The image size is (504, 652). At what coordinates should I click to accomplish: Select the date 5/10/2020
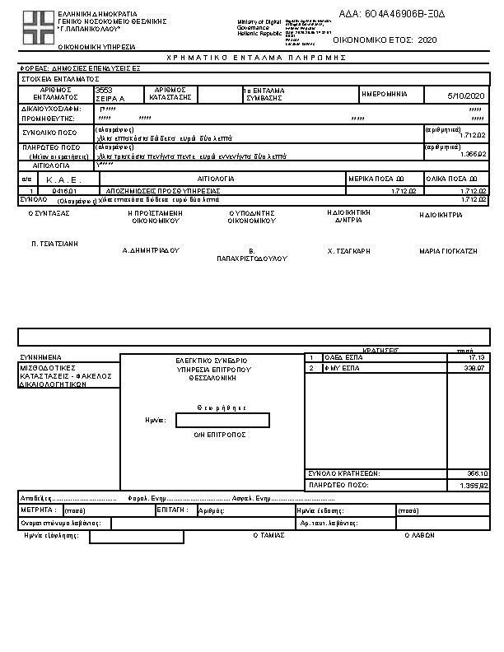pos(467,96)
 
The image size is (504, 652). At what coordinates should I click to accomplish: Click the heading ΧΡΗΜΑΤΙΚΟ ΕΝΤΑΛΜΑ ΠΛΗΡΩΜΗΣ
pos(256,58)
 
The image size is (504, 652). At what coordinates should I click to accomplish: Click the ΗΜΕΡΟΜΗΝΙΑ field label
pos(385,94)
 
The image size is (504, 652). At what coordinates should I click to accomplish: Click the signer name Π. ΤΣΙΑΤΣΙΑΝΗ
pos(54,244)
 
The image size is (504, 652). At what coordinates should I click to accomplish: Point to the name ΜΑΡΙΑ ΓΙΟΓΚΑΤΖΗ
pos(448,250)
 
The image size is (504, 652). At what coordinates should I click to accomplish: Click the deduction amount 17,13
pos(477,357)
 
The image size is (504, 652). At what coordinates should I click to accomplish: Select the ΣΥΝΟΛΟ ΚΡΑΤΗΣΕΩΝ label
pos(343,473)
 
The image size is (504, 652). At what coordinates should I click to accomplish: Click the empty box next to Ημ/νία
pos(222,420)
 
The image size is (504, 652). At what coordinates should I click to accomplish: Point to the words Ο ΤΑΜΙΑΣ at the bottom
pos(268,534)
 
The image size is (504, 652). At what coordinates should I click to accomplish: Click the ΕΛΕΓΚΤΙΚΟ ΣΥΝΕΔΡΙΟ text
pos(211,361)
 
